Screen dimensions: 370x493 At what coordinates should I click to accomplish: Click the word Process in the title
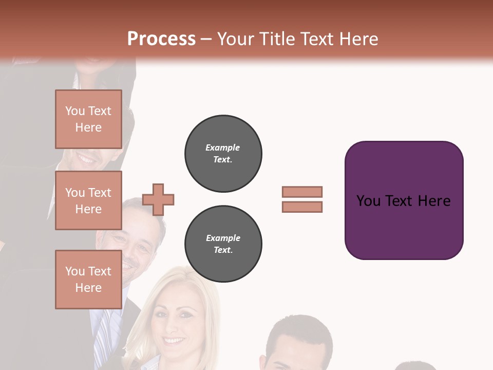tap(161, 39)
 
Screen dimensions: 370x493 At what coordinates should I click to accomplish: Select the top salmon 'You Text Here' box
tap(88, 119)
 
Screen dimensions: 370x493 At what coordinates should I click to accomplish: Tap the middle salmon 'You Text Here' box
tap(88, 200)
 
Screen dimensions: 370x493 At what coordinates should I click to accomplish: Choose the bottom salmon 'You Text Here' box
tap(88, 279)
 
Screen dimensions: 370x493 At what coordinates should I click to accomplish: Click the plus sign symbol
tap(158, 199)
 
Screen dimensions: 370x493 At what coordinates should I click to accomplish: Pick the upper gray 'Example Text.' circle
tap(223, 153)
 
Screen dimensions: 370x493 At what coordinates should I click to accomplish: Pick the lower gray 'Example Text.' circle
tap(223, 244)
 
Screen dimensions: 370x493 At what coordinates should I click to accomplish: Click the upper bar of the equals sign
tap(302, 192)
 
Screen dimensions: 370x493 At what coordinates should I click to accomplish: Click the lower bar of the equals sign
tap(302, 207)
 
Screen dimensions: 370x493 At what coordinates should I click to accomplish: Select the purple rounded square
tap(404, 226)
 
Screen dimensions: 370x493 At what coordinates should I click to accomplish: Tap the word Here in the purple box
tap(434, 201)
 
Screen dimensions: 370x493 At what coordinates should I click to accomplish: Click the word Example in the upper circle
tap(223, 147)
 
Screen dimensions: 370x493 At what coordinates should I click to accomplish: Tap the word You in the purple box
tap(368, 201)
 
